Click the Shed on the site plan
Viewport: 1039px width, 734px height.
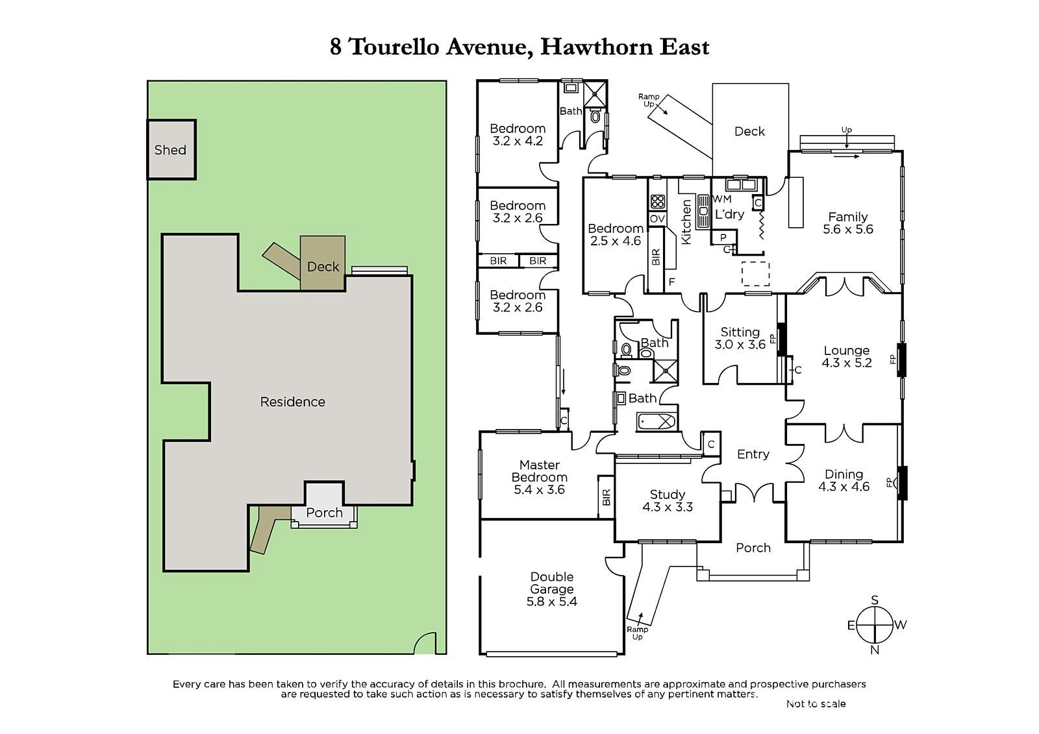(171, 150)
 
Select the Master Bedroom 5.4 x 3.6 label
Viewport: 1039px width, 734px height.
(540, 477)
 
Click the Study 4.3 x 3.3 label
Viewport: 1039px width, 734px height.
(667, 500)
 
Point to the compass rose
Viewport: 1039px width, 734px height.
(875, 625)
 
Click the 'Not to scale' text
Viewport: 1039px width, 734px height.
(816, 703)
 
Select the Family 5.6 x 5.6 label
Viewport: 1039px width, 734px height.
(847, 223)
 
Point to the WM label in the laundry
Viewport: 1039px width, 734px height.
(722, 199)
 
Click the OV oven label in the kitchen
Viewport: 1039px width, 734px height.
(657, 219)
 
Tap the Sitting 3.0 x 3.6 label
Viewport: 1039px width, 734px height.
(740, 338)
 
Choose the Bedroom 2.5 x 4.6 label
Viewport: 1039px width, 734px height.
(615, 234)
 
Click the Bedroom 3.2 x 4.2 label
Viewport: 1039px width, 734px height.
(517, 134)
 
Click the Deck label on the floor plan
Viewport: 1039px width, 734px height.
(749, 131)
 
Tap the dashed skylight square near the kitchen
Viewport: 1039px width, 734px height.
(755, 273)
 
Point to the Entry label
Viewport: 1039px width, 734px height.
(753, 454)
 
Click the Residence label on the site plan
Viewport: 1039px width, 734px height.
(292, 402)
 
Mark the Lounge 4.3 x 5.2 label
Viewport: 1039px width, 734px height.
(846, 357)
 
